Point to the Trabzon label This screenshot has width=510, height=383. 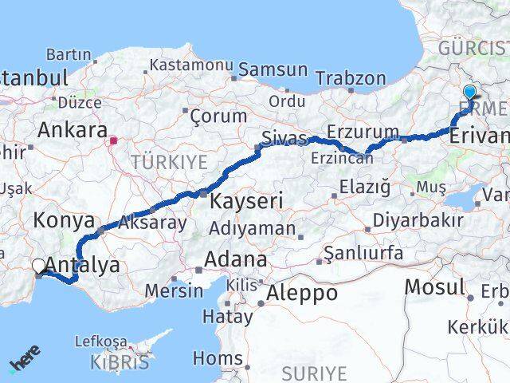pyautogui.click(x=351, y=79)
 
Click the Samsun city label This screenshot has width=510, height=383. pyautogui.click(x=273, y=69)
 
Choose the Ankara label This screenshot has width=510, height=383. pyautogui.click(x=73, y=130)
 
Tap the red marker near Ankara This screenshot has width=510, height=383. pyautogui.click(x=114, y=141)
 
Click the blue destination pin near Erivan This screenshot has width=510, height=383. pyautogui.click(x=469, y=93)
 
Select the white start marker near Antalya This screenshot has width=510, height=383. pyautogui.click(x=39, y=267)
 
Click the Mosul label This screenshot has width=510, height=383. pyautogui.click(x=434, y=286)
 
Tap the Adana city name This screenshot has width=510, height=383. pyautogui.click(x=235, y=260)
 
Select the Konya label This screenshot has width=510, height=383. pyautogui.click(x=65, y=221)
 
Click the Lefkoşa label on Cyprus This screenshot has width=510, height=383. pyautogui.click(x=100, y=342)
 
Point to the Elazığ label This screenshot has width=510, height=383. pyautogui.click(x=364, y=188)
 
